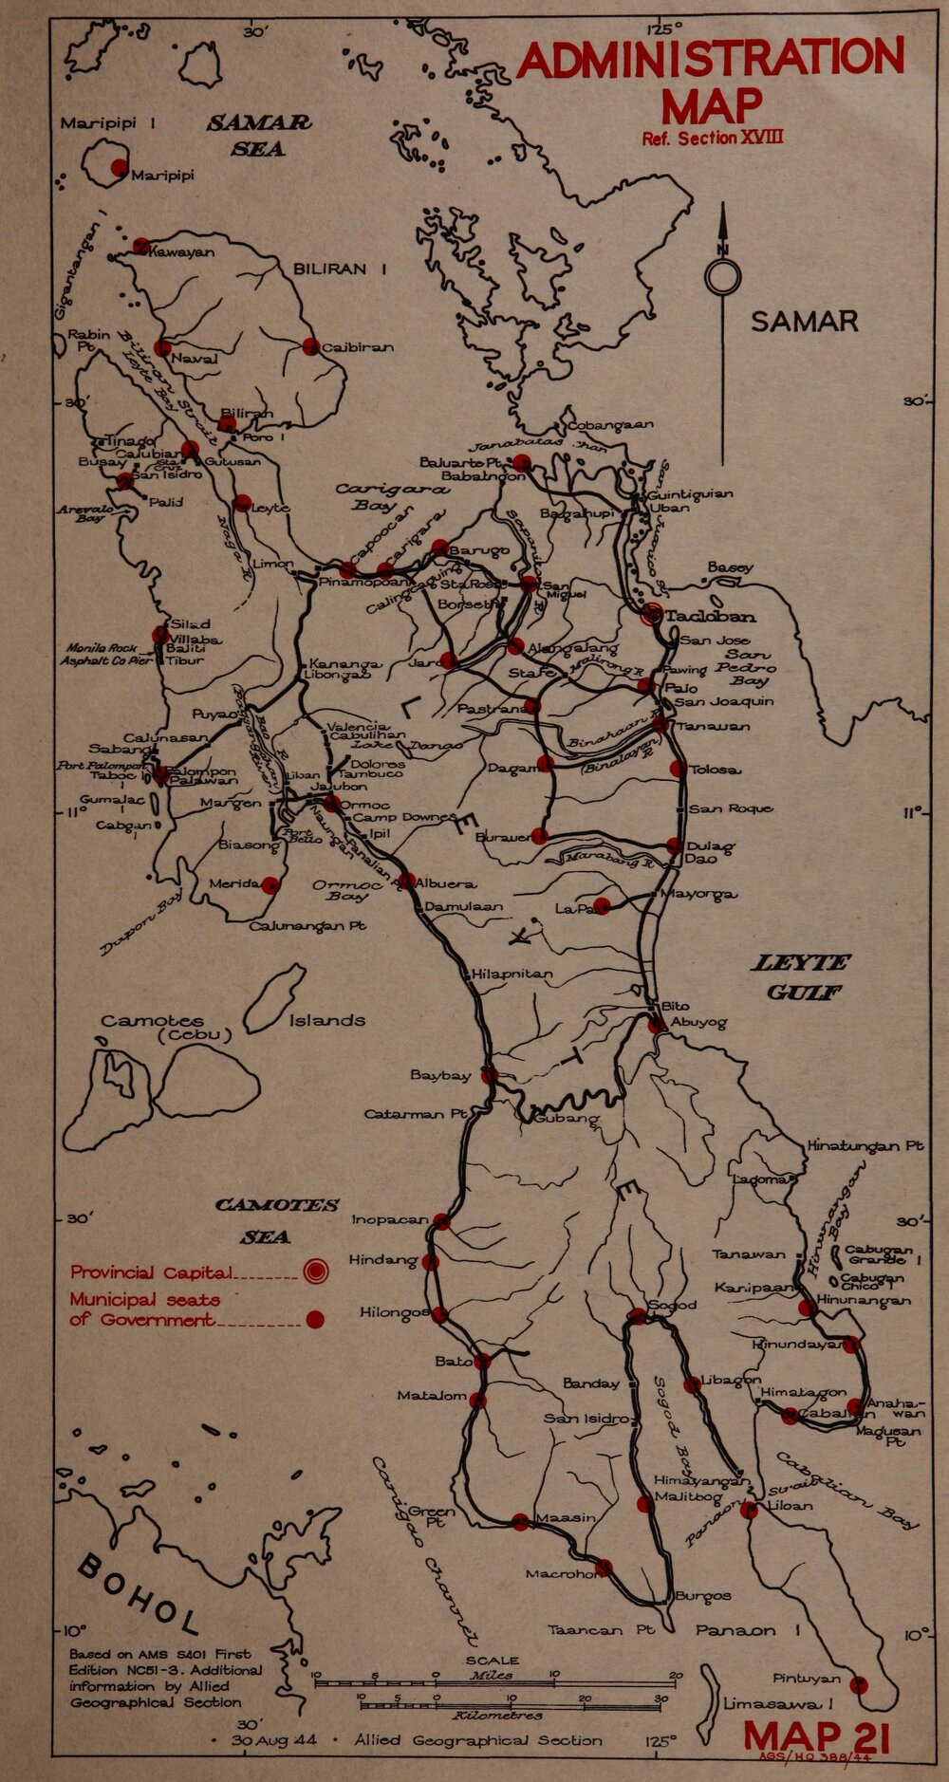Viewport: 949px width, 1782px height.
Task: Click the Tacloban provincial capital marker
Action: click(652, 615)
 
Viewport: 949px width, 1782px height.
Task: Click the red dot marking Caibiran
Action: click(310, 346)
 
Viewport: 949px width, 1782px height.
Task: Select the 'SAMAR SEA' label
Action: click(259, 136)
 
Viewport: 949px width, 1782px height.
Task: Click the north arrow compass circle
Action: click(722, 277)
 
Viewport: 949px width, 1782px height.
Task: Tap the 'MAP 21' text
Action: click(816, 1737)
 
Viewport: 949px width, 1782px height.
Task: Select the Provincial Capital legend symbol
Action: click(315, 1271)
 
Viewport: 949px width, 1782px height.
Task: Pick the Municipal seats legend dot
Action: click(315, 1319)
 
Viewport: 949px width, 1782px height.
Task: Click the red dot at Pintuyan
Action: click(859, 1685)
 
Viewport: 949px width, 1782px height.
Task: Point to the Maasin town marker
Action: click(520, 1521)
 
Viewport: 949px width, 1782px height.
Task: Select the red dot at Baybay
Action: click(489, 1075)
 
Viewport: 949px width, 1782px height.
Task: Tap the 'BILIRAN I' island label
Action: click(340, 269)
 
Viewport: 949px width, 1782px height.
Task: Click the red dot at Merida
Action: click(270, 884)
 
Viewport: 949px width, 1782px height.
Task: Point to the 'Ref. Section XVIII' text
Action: click(713, 139)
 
